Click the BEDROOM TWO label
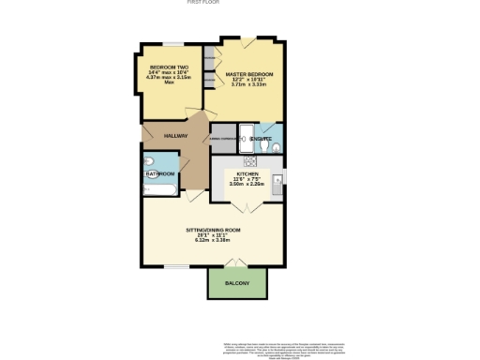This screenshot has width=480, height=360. [x=170, y=67]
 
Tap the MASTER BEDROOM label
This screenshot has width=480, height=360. [x=248, y=74]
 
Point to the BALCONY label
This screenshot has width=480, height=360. [x=237, y=283]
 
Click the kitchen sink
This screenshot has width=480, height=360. [x=277, y=179]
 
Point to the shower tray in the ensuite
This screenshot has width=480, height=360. [x=246, y=140]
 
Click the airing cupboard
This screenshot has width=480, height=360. [x=222, y=139]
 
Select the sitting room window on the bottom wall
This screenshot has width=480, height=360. [x=173, y=265]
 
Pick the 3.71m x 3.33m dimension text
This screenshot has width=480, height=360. [x=248, y=85]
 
